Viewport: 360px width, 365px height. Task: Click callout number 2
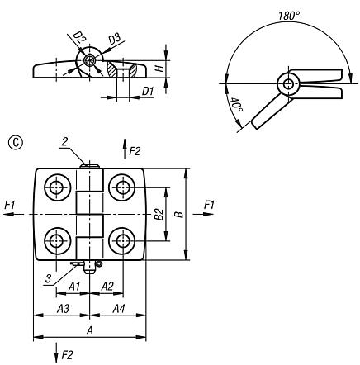(64, 141)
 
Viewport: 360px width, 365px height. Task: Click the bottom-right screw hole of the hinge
(123, 241)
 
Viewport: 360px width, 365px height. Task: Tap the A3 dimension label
(60, 308)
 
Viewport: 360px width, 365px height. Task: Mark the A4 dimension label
(118, 308)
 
